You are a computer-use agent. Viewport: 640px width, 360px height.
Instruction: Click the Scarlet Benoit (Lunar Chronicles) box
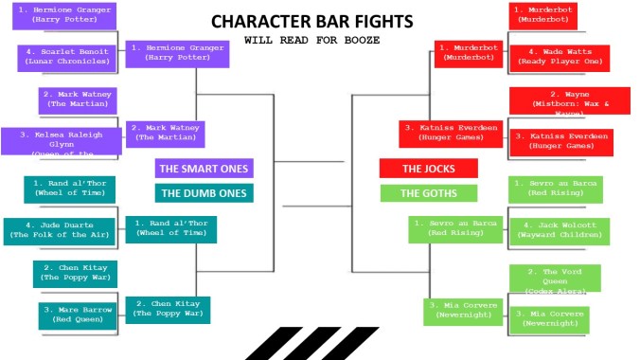[x=65, y=58]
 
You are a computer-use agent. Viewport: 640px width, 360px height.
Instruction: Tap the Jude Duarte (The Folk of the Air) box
[x=58, y=230]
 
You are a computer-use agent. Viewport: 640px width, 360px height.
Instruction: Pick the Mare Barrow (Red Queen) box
[x=77, y=315]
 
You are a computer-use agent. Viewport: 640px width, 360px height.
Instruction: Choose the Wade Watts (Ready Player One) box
[x=558, y=58]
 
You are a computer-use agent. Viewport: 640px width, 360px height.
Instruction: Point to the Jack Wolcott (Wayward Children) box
[x=558, y=231]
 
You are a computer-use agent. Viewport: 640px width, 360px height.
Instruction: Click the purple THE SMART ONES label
[x=204, y=169]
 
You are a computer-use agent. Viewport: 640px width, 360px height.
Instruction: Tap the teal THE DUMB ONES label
[x=204, y=192]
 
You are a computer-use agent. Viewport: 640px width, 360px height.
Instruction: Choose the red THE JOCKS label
[x=428, y=169]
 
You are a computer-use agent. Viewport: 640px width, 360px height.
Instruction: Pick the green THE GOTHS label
[x=428, y=193]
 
